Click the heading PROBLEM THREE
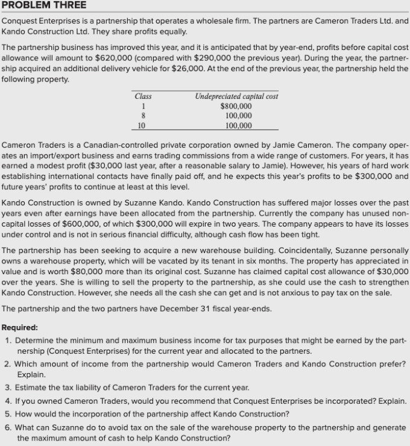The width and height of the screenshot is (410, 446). point(44,5)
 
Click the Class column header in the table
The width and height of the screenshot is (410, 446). point(143,96)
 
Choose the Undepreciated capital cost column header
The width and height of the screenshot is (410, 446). point(236,96)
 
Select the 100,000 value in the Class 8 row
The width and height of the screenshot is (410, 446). point(238,116)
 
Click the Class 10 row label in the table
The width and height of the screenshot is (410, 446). point(142,125)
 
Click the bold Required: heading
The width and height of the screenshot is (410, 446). point(20,327)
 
